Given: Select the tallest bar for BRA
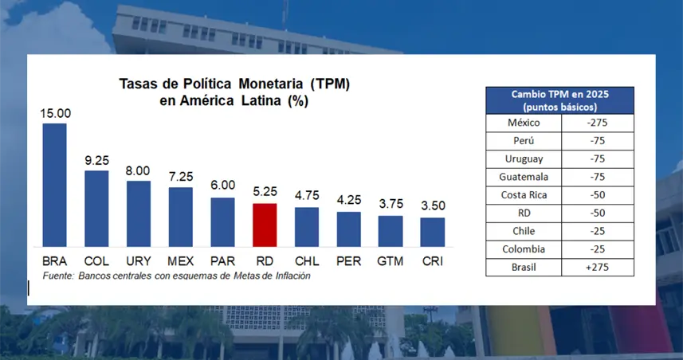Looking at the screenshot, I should pyautogui.click(x=54, y=184).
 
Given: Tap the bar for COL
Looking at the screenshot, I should pyautogui.click(x=96, y=207).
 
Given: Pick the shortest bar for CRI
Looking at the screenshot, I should pyautogui.click(x=432, y=231).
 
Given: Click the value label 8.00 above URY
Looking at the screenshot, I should pyautogui.click(x=138, y=171).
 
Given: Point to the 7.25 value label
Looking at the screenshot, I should pyautogui.click(x=180, y=178).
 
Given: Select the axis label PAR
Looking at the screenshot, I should pyautogui.click(x=222, y=260).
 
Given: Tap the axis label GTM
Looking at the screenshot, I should pyautogui.click(x=391, y=260).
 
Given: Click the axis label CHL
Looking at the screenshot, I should pyautogui.click(x=307, y=260).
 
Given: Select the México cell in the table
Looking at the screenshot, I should pyautogui.click(x=524, y=123).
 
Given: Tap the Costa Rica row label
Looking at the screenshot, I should pyautogui.click(x=524, y=195).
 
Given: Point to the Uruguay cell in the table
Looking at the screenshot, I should pyautogui.click(x=524, y=158).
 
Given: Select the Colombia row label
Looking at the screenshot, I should pyautogui.click(x=524, y=249).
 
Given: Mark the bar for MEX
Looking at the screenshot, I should pyautogui.click(x=180, y=216).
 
